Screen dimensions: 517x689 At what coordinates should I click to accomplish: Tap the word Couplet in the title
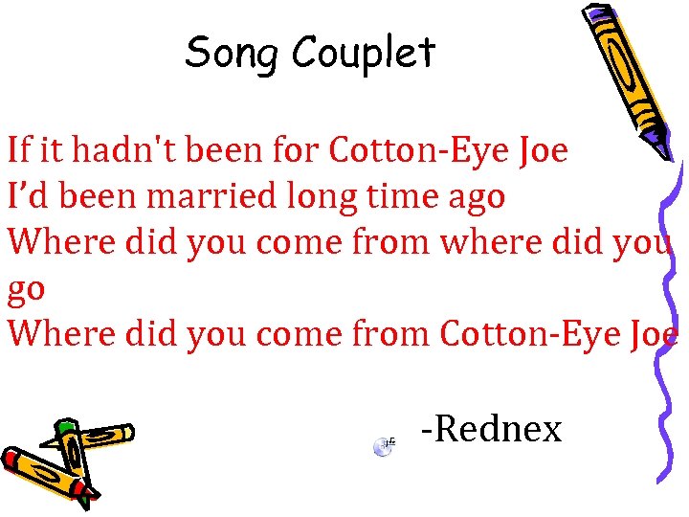(x=365, y=54)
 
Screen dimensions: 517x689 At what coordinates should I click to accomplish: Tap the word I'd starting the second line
(x=23, y=196)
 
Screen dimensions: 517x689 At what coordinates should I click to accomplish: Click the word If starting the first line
(x=18, y=150)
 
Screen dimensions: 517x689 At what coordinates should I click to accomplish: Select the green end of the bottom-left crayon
(x=64, y=427)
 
